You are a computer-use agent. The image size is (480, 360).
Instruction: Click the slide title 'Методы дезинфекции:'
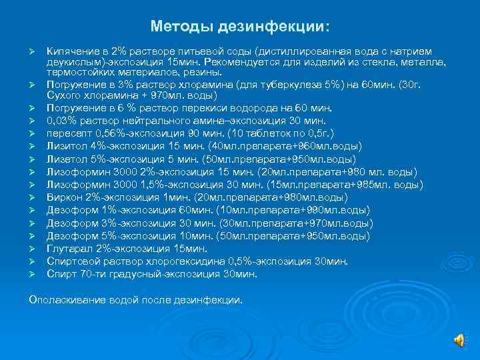click(x=240, y=26)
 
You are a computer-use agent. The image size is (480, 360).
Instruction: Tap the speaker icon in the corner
click(x=460, y=340)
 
